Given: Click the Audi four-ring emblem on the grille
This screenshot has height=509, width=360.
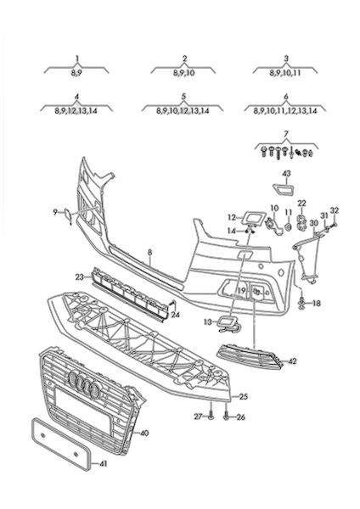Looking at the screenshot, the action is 84,384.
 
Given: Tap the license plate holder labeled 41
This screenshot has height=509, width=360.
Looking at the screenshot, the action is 60,444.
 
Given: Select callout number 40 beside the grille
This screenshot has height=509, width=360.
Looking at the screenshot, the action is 144,433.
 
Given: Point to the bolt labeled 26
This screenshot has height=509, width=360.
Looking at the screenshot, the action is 227,416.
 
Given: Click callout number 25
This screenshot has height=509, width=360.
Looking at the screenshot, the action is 244,396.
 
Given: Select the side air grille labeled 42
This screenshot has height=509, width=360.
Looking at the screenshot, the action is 250,357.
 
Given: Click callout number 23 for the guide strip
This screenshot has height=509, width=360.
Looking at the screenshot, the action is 79,277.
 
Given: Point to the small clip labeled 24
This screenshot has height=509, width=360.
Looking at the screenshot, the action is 173,304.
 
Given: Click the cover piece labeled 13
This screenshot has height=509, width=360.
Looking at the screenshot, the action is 229,324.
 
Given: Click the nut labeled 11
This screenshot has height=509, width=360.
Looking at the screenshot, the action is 288,227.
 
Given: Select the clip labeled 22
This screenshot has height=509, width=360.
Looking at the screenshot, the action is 302,222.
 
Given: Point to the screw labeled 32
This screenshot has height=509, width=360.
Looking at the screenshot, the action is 334,224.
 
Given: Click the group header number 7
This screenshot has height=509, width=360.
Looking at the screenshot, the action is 286,133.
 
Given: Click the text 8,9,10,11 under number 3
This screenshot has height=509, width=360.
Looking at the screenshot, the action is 285,73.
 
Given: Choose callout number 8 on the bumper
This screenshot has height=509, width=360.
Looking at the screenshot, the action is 149,252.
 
